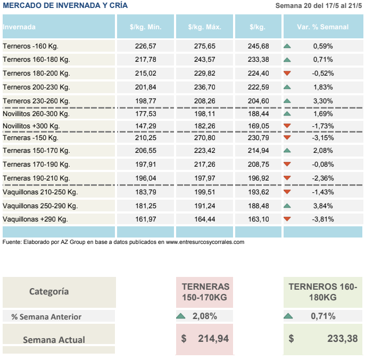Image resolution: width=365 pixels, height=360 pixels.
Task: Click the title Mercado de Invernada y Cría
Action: [x=65, y=5]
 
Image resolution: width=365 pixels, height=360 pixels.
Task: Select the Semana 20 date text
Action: [x=319, y=6]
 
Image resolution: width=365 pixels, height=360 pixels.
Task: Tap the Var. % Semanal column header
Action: [x=322, y=27]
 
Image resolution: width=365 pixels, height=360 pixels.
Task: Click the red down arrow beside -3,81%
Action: [x=287, y=219]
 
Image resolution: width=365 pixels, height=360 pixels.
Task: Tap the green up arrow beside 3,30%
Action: [x=287, y=100]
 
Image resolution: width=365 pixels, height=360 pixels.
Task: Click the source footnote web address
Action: [x=205, y=242]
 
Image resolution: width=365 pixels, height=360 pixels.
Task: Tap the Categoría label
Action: [x=49, y=291]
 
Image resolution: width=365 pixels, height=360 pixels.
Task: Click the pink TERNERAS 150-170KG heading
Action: [x=205, y=291]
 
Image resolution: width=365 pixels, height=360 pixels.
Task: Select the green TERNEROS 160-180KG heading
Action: [x=322, y=291]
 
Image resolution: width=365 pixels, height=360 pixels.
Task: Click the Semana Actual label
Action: [x=54, y=339]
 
